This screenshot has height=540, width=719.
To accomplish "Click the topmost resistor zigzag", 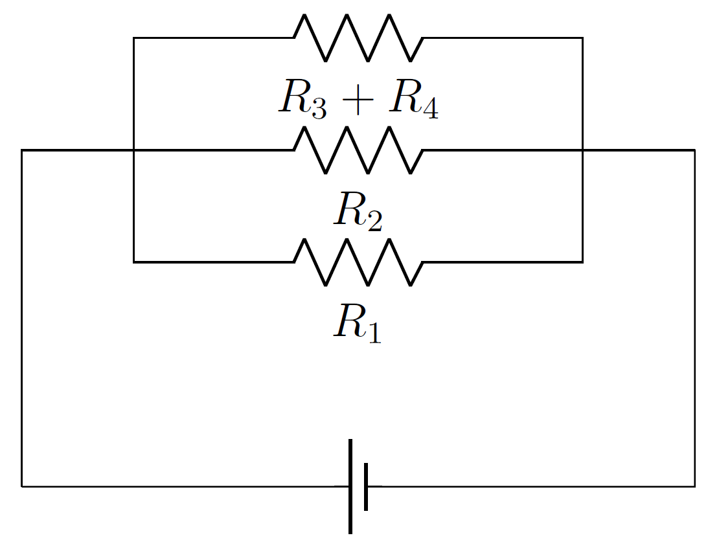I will pyautogui.click(x=358, y=38).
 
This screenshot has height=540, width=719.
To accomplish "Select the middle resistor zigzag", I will pyautogui.click(x=358, y=150).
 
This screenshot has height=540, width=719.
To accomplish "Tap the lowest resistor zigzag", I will pyautogui.click(x=358, y=262).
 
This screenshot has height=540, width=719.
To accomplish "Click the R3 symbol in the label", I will pyautogui.click(x=302, y=101).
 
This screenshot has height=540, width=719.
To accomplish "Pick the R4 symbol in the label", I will pyautogui.click(x=413, y=101).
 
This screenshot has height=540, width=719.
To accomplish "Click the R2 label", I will pyautogui.click(x=358, y=212).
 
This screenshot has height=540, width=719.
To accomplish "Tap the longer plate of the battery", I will pyautogui.click(x=350, y=486).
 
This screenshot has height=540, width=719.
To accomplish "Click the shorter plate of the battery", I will pyautogui.click(x=366, y=486).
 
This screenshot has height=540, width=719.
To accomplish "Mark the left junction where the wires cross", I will pyautogui.click(x=133, y=150).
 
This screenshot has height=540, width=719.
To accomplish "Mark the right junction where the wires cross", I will pyautogui.click(x=582, y=150).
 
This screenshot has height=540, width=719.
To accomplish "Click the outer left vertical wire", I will pyautogui.click(x=22, y=317).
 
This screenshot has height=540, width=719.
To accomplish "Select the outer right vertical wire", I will pyautogui.click(x=695, y=317).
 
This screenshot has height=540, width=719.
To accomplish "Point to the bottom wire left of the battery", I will pyautogui.click(x=181, y=486).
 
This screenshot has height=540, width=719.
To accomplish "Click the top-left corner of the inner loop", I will pyautogui.click(x=133, y=38).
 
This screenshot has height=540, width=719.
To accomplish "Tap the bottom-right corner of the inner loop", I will pyautogui.click(x=582, y=262).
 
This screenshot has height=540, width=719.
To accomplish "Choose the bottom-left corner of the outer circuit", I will pyautogui.click(x=22, y=486).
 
